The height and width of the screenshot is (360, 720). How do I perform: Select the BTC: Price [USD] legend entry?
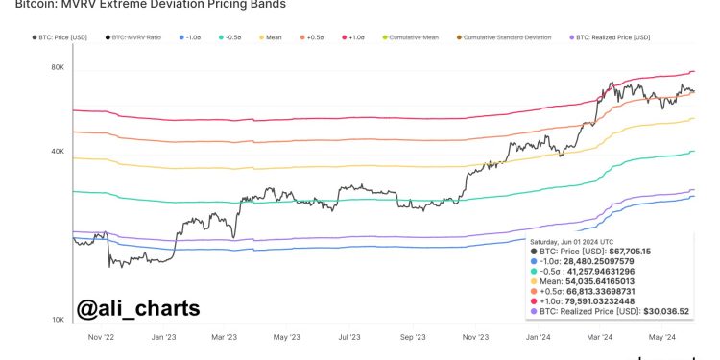pos(62,37)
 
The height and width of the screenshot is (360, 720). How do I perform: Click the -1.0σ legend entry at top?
pos(191,37)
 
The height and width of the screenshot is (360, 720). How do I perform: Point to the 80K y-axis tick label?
pos(58,68)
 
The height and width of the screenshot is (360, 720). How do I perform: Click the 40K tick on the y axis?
pos(58,152)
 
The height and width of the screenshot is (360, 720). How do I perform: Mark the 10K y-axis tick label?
pos(58,320)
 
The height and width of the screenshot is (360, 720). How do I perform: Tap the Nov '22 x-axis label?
pos(101,338)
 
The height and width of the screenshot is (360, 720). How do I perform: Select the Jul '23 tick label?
pos(348,338)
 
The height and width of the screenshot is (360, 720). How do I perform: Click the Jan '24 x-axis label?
pos(537,338)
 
